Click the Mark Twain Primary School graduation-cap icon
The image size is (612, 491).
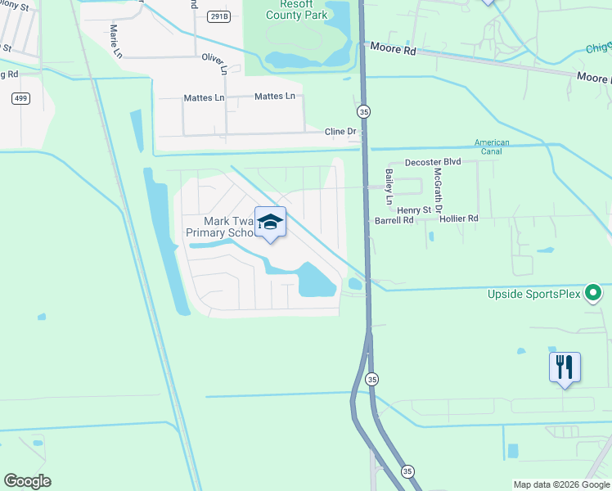(271, 222)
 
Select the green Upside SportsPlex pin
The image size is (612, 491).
(595, 292)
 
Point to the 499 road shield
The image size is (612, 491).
(22, 98)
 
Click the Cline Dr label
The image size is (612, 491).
(341, 131)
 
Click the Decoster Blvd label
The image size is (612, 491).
(434, 162)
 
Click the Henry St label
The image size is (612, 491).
(414, 210)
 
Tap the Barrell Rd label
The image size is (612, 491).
(394, 220)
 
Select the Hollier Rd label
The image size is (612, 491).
(458, 219)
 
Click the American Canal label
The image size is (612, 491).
(492, 148)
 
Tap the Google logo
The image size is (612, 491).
(27, 481)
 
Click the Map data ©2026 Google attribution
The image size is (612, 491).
(560, 484)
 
